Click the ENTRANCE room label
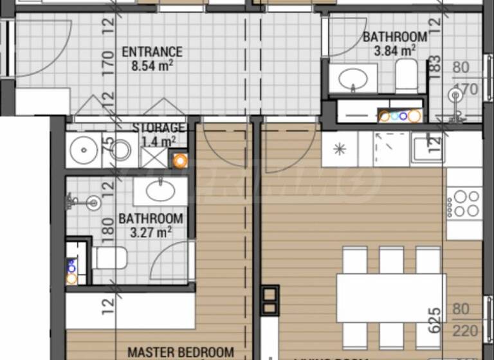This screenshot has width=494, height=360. pyautogui.click(x=152, y=52)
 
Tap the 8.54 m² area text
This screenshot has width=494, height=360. pyautogui.click(x=152, y=65)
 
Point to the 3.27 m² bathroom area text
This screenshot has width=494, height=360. pyautogui.click(x=151, y=232)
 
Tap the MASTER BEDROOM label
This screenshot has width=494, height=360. pyautogui.click(x=181, y=352)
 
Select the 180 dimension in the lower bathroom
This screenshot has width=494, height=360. pyautogui.click(x=107, y=227)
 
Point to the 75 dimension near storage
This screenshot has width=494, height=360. pyautogui.click(x=107, y=146)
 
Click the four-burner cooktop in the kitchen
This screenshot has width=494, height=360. pyautogui.click(x=464, y=203)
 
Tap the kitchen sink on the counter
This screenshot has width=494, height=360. pyautogui.click(x=426, y=148)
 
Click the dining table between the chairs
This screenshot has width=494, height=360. pyautogui.click(x=391, y=298)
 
